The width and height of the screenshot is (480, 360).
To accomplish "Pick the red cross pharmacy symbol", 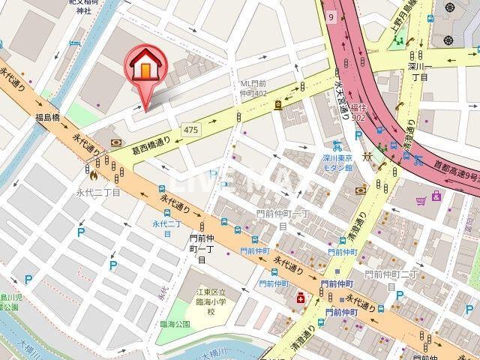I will tap(301, 298).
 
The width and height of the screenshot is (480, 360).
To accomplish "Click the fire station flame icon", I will tap(94, 177).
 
